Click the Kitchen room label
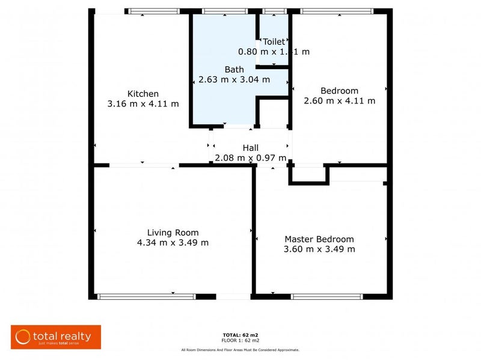(x=142, y=94)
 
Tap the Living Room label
(x=173, y=233)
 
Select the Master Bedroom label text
(x=319, y=239)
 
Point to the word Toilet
(x=274, y=42)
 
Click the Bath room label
(x=234, y=70)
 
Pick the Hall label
(x=251, y=148)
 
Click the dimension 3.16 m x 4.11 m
(x=142, y=103)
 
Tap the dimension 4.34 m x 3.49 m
(x=173, y=243)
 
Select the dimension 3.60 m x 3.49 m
(x=319, y=249)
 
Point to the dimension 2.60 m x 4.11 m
(x=339, y=101)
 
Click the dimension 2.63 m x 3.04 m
(x=234, y=79)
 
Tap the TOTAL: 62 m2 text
(x=240, y=334)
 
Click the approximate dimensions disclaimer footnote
(x=240, y=350)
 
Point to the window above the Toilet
(x=274, y=11)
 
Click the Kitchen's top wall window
(x=154, y=11)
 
